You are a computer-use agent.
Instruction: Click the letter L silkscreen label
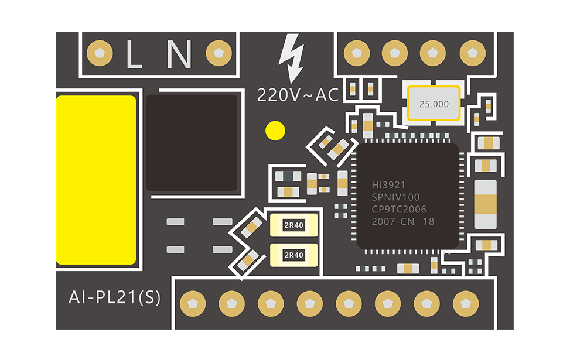click(135, 54)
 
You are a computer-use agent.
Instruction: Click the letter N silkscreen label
click(179, 54)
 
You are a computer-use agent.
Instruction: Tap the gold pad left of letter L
click(103, 53)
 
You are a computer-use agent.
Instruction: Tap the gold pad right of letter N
click(220, 53)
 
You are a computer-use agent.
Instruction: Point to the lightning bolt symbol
click(292, 57)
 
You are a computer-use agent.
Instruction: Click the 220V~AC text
click(298, 95)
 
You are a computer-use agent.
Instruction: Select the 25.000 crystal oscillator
click(434, 104)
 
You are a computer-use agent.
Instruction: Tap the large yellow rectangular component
click(95, 180)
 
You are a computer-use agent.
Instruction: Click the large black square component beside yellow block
click(192, 143)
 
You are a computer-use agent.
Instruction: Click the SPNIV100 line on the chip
click(395, 197)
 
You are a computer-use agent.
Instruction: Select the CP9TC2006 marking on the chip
click(399, 210)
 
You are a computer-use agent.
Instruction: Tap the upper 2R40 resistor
click(293, 225)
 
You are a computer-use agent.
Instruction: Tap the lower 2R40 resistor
click(293, 255)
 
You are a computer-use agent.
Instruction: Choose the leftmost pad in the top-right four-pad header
click(356, 53)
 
